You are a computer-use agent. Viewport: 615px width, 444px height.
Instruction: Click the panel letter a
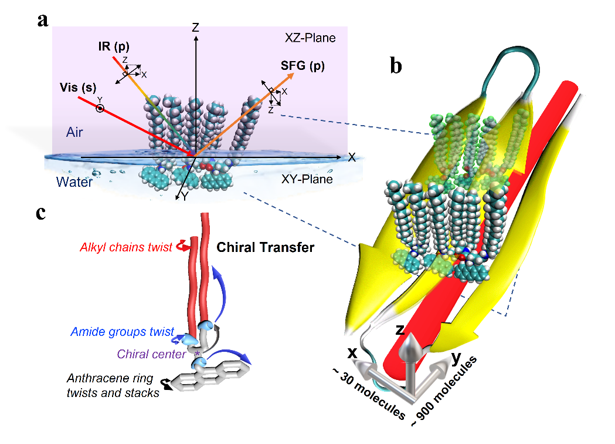coord(42,20)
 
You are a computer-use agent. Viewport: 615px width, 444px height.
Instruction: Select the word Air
coord(74,133)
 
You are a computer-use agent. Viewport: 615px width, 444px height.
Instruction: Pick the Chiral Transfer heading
coord(266,247)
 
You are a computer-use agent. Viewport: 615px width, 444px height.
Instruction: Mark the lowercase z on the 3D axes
coord(400,329)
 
